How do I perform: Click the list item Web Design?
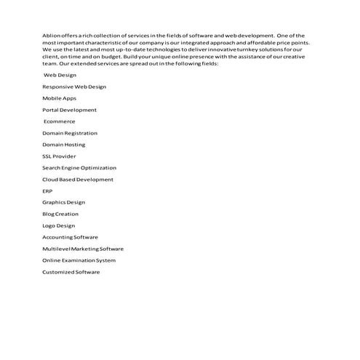[60, 75]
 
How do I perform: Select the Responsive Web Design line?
[73, 87]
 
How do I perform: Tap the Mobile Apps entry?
[59, 98]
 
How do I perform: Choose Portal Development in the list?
[69, 110]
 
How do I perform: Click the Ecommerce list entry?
[59, 121]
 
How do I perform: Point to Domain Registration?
[69, 133]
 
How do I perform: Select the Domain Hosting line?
[63, 145]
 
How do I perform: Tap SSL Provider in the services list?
[58, 156]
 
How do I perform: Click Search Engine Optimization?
[79, 168]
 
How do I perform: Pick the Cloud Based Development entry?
[77, 180]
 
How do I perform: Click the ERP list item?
[47, 191]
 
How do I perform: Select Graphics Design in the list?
[63, 202]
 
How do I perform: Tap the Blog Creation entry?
[60, 214]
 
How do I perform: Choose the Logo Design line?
[58, 225]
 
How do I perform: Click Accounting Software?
[70, 237]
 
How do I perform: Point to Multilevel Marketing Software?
[83, 249]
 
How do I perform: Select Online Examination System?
[79, 260]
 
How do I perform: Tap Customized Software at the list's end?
[71, 272]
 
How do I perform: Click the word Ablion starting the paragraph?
[50, 35]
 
